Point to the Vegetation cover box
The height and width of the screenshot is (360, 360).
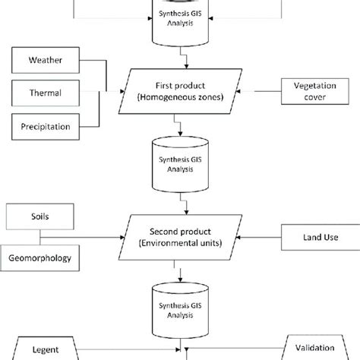coord(312,92)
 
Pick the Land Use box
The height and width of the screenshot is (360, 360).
coord(311,238)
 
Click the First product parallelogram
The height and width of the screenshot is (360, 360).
coord(180,92)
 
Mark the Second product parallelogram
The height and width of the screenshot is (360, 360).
coord(180,238)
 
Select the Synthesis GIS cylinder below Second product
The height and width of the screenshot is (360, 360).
coord(180,311)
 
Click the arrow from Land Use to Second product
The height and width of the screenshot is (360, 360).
coord(258,238)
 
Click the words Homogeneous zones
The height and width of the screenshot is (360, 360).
coord(180,99)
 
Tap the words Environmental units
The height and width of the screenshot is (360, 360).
coord(180,245)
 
